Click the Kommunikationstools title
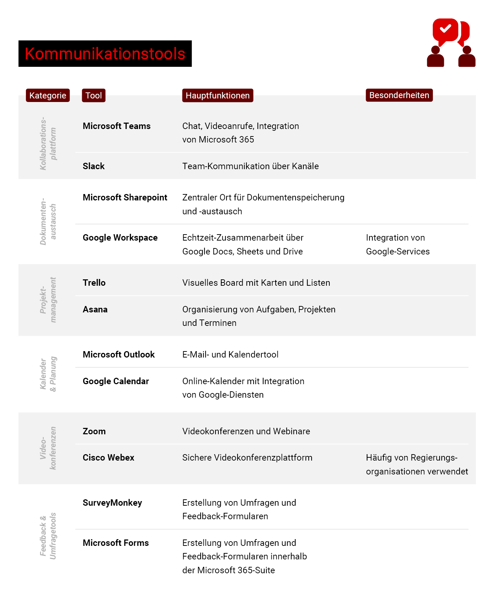pos(105,54)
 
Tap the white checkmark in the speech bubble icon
pos(445,28)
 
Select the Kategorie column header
pos(48,95)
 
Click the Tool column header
pos(94,95)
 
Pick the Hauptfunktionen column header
pos(217,95)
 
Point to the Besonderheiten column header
pos(399,95)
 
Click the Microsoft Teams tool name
pos(116,126)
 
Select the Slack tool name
pos(94,166)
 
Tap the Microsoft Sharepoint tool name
pos(125,198)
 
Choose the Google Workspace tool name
pos(120,238)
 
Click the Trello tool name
pos(94,283)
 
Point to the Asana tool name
pos(95,310)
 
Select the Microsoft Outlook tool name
pos(118,355)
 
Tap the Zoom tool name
pos(94,431)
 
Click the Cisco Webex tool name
pos(108,458)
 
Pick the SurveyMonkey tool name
pos(112,503)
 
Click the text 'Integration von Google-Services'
pos(398,245)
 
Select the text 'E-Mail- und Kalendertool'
pos(230,355)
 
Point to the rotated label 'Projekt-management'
pos(48,300)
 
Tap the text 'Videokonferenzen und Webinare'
pos(246,431)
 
